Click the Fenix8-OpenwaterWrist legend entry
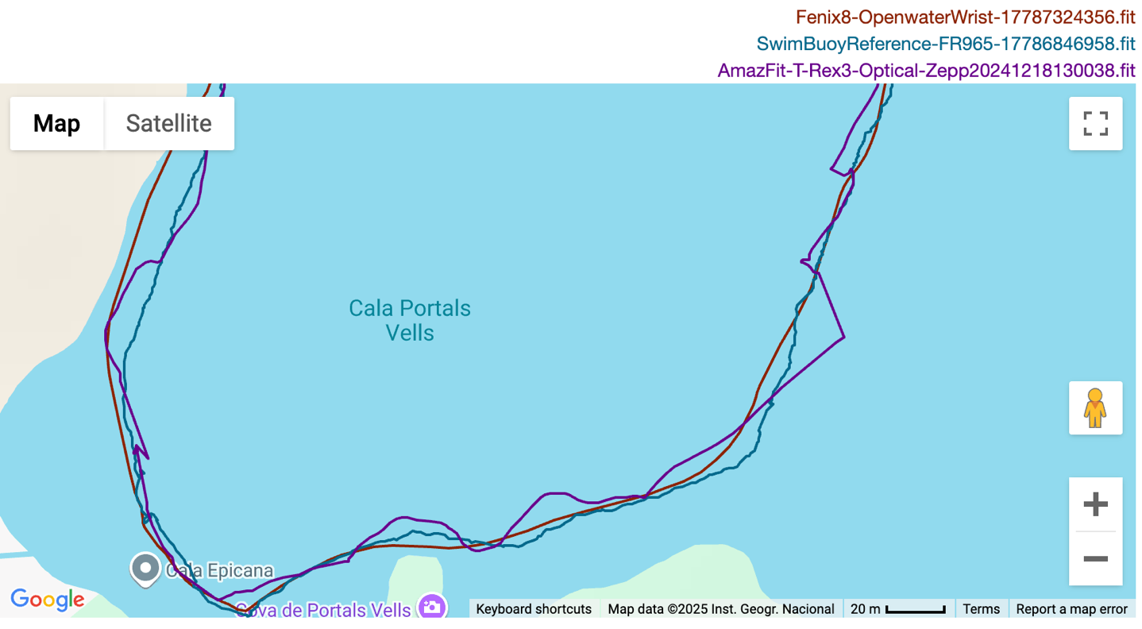[965, 17]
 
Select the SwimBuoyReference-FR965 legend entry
[945, 44]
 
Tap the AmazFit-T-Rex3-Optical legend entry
[926, 70]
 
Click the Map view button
[56, 123]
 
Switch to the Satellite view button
[168, 123]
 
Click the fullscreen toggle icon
[1095, 123]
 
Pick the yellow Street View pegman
[1095, 408]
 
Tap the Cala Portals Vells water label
[410, 319]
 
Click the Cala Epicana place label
[219, 570]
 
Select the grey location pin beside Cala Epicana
[145, 568]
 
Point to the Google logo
[47, 600]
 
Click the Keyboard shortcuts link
[534, 609]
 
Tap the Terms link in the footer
[981, 609]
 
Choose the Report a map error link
[1071, 609]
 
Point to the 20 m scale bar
[897, 609]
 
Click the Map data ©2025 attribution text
[720, 609]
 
